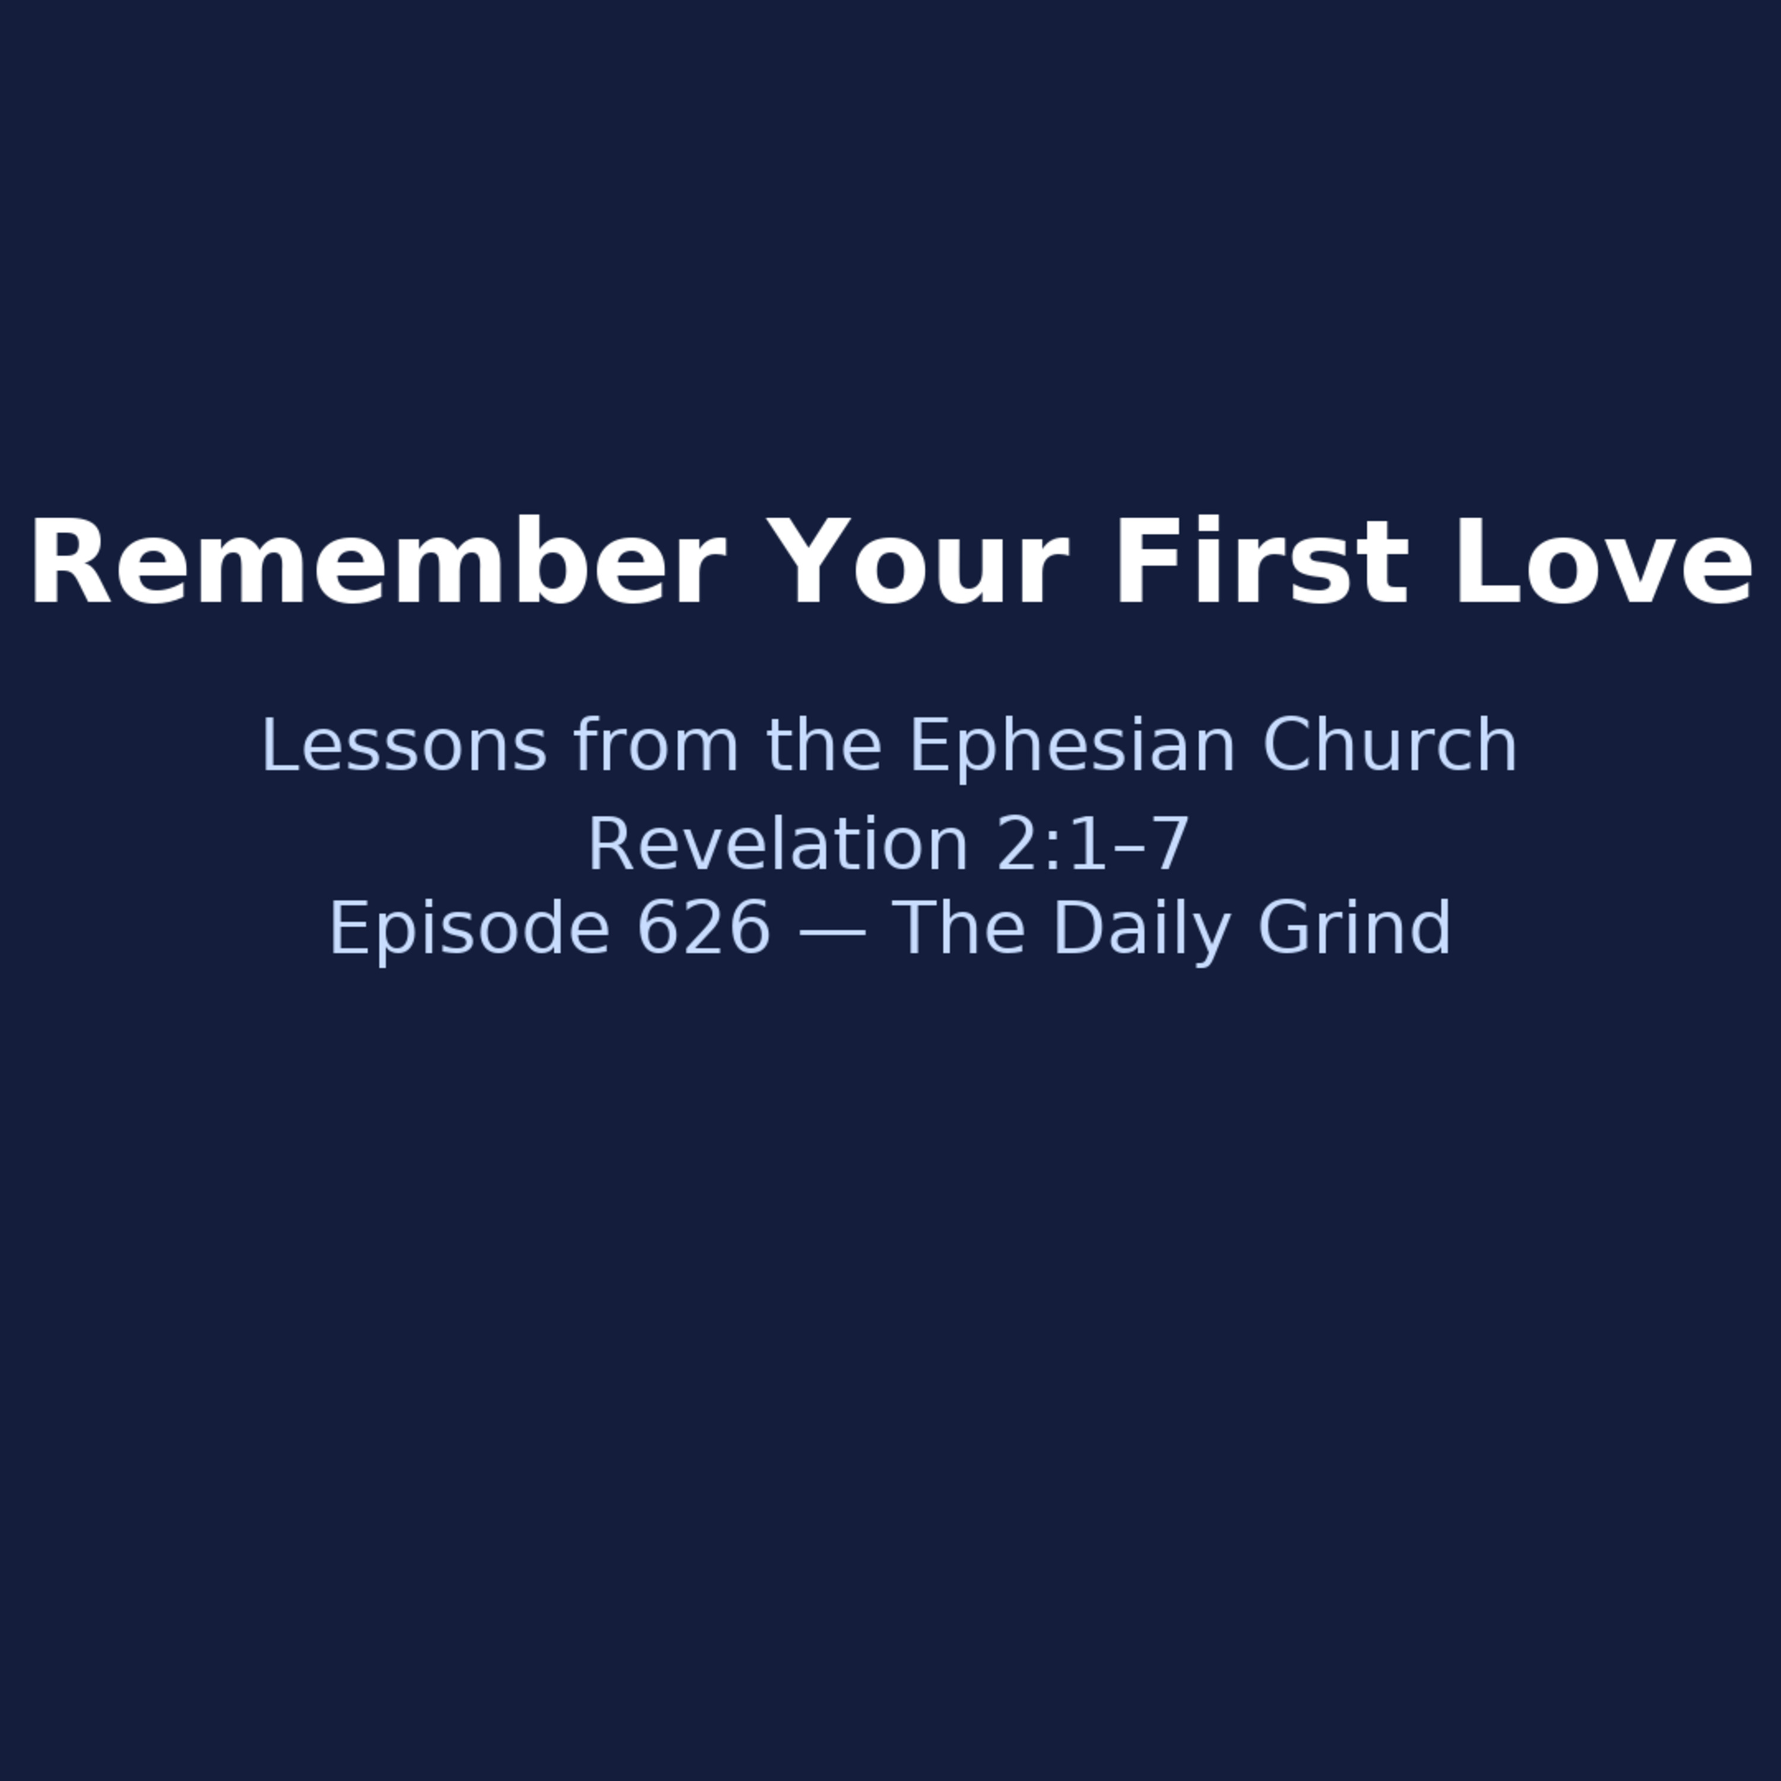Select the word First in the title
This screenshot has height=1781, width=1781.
1262,562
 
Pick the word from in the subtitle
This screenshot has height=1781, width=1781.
655,745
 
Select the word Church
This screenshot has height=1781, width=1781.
1389,745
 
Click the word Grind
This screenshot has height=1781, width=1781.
1354,927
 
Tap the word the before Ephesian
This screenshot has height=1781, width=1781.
824,745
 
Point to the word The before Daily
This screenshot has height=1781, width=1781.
959,927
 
